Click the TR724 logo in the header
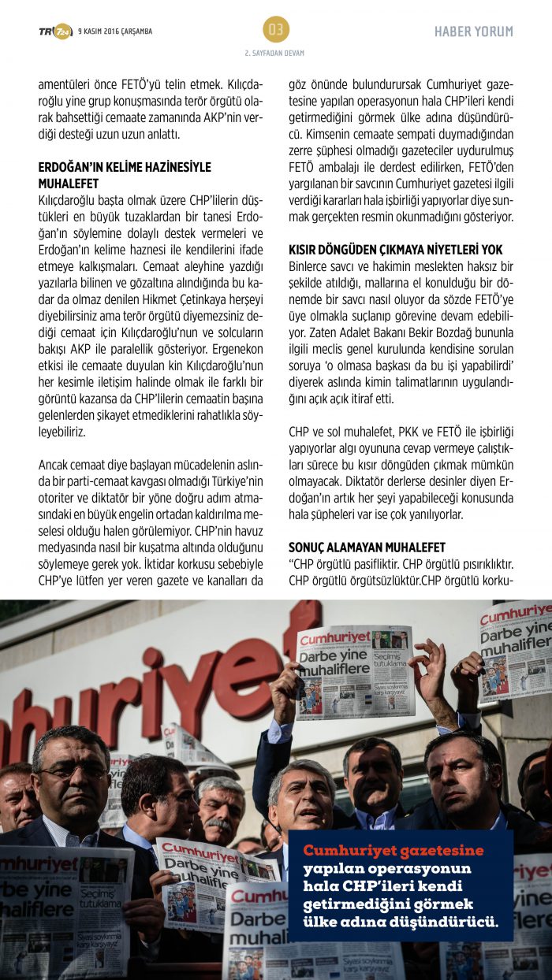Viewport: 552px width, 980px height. [x=55, y=32]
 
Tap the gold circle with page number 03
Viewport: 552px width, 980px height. [x=275, y=30]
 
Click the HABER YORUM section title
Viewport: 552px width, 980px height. [x=473, y=32]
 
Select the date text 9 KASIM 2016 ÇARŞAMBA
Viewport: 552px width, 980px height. [x=115, y=32]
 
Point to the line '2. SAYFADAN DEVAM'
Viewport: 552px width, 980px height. [x=274, y=53]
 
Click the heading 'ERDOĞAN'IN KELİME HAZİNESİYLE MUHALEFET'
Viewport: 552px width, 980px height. [x=125, y=174]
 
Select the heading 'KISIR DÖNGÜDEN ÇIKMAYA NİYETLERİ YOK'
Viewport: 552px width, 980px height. [x=395, y=248]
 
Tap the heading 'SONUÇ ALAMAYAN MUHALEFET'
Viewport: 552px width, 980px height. [x=367, y=547]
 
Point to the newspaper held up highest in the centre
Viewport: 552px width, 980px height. [x=355, y=671]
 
